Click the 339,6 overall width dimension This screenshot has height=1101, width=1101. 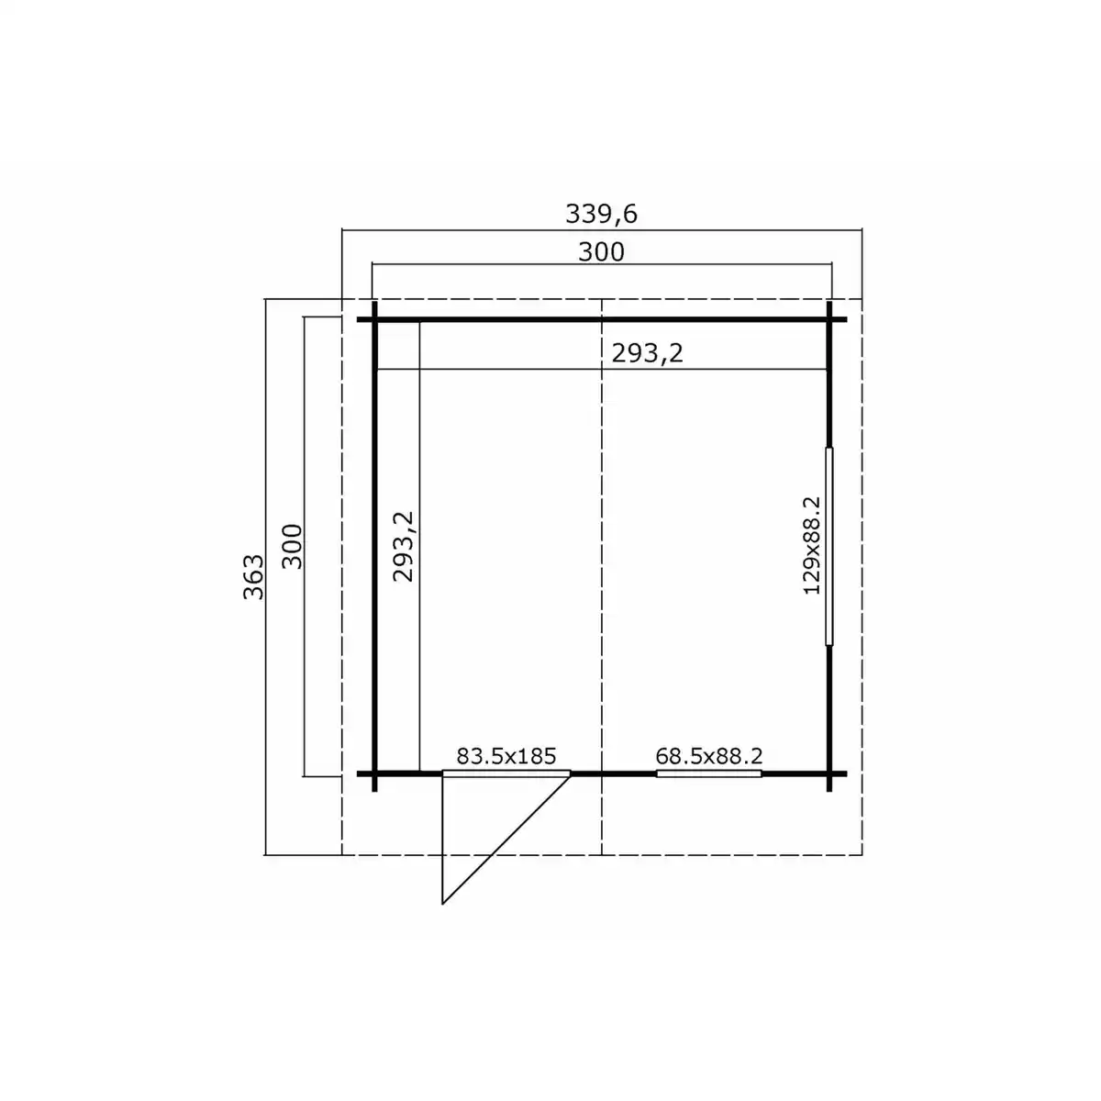(600, 215)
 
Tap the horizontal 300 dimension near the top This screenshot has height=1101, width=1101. (601, 252)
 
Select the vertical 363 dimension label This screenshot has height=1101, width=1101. (253, 576)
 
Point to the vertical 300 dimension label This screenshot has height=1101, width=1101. (292, 546)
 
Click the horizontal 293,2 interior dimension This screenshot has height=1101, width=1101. (647, 353)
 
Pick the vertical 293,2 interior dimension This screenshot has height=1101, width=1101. (403, 547)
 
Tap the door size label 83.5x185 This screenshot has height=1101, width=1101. (506, 756)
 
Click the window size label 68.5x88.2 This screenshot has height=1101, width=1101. (708, 756)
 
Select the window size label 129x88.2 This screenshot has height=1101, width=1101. (811, 546)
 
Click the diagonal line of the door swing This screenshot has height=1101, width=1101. (506, 840)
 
